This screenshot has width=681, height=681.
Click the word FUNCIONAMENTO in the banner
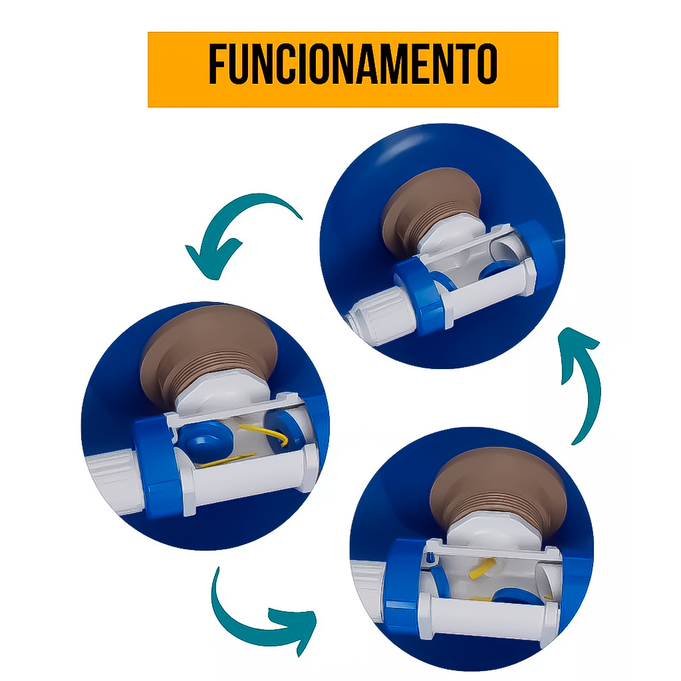pos(353,63)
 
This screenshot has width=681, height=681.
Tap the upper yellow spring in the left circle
pos(265,434)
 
